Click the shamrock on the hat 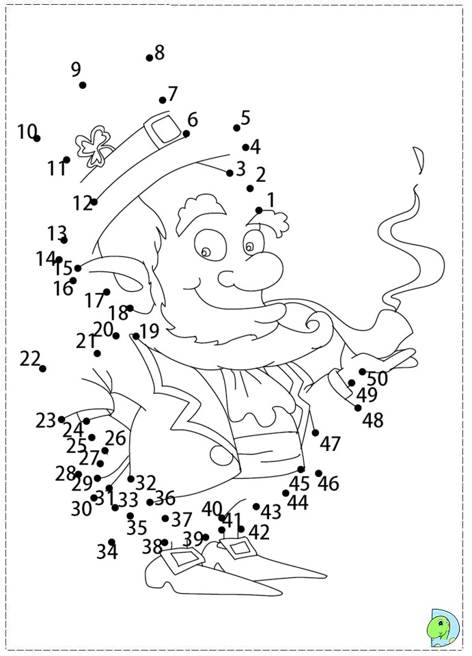(93, 145)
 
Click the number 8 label (160, 52)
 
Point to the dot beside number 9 (83, 85)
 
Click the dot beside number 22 (43, 368)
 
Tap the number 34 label (107, 551)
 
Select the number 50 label (378, 378)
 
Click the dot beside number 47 (316, 433)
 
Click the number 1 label (270, 200)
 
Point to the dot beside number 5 (237, 128)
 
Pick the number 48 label (373, 420)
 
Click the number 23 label (45, 420)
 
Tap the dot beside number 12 (94, 202)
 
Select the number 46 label (329, 484)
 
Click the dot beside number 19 (137, 336)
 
